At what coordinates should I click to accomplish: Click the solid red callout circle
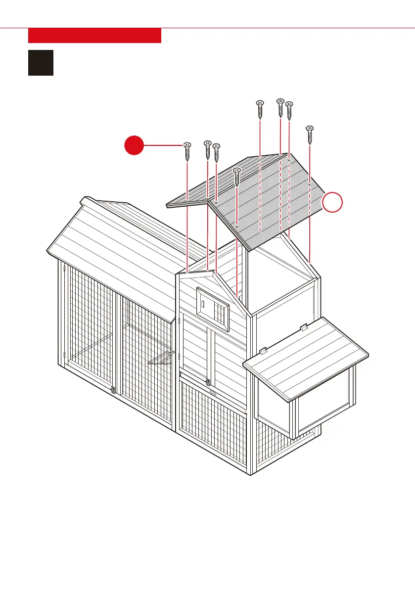134,146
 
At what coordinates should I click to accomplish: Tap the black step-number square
41,62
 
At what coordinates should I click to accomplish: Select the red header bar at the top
94,36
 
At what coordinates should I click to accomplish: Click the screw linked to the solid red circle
187,151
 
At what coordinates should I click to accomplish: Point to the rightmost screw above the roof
310,135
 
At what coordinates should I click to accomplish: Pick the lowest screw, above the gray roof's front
237,177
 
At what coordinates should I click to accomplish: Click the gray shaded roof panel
267,198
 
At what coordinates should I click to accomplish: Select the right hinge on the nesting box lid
304,327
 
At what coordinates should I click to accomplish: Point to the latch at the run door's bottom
114,390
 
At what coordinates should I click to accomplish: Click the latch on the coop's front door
208,382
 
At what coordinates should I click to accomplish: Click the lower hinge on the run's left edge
65,355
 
